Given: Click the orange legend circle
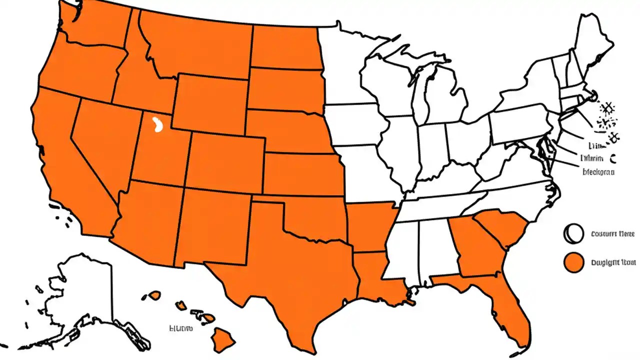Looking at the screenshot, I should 573,262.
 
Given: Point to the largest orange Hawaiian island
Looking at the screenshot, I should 219,340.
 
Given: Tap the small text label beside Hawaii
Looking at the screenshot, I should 180,328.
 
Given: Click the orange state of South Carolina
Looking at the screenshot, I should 502,227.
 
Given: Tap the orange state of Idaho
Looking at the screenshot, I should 132,75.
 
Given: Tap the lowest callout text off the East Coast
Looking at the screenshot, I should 598,171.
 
